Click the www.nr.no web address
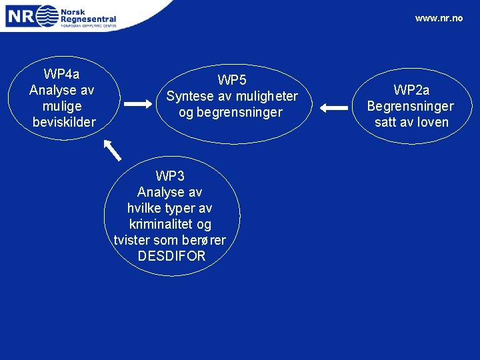[438, 18]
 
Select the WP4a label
[62, 74]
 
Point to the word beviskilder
[64, 122]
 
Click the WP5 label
[232, 81]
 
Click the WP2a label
[411, 90]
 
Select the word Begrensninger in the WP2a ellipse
[410, 106]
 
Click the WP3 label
[170, 176]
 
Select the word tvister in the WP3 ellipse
[134, 240]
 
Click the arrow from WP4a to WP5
[139, 104]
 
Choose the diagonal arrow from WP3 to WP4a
[113, 150]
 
